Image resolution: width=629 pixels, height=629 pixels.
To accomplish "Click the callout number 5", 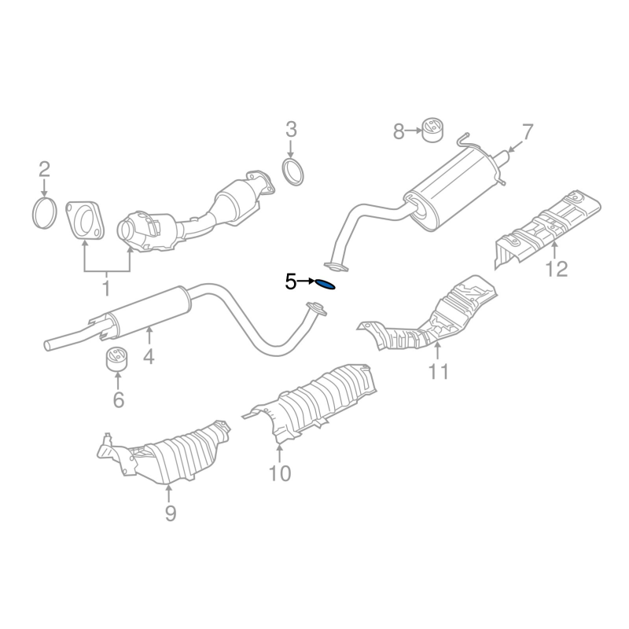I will click(291, 281).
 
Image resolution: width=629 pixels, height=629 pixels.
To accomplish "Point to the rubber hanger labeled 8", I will click(431, 131).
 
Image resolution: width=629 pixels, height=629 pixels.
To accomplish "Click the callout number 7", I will click(526, 131).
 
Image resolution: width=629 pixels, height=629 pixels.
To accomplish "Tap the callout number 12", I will click(556, 270).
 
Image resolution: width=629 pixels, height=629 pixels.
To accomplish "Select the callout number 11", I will click(438, 370).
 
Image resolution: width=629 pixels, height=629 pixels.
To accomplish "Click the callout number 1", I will click(106, 289).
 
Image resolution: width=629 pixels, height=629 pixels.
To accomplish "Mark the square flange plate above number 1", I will click(84, 219).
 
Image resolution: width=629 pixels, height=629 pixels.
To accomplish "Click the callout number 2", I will click(44, 168).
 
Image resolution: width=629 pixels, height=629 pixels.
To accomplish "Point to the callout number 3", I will click(291, 129).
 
